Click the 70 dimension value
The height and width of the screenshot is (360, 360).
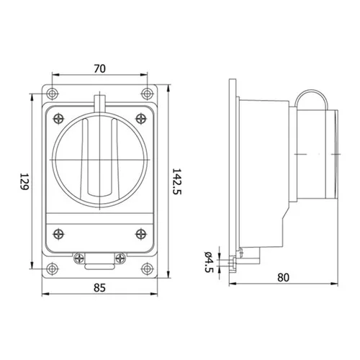[99, 69]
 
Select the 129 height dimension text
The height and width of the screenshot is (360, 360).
[24, 181]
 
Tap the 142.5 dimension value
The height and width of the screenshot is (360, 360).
[177, 181]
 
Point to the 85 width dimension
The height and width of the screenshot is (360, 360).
[99, 287]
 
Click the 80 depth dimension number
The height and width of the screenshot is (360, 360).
[284, 277]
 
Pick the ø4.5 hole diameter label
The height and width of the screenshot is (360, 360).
[209, 262]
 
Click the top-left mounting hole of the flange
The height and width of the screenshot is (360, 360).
[52, 94]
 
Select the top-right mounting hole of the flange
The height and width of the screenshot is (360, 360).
[147, 94]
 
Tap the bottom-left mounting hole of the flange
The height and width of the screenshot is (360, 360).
[52, 269]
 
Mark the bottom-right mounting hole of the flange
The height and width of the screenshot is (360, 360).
[147, 269]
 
